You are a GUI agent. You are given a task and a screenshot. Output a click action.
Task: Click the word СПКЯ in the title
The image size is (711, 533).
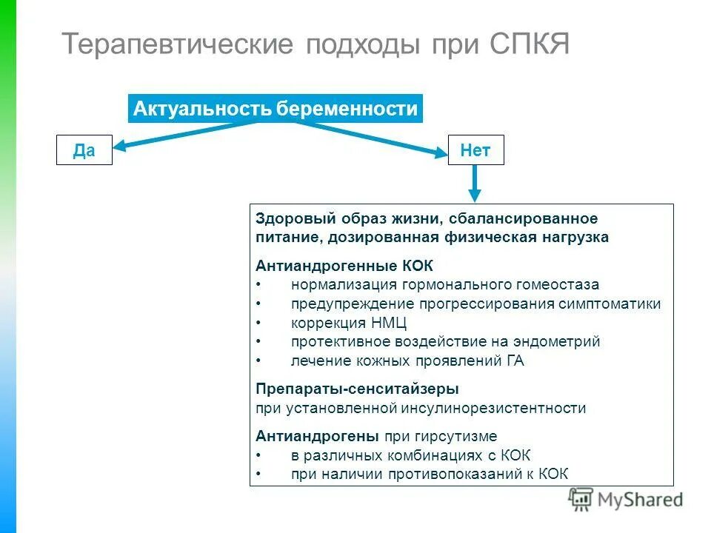pos(529,44)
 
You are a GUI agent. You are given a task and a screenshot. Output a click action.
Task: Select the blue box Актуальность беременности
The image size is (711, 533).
pos(276,110)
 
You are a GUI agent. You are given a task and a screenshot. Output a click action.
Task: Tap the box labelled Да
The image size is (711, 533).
pos(84,150)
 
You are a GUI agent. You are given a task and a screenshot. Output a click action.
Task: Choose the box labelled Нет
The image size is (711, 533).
pos(475,150)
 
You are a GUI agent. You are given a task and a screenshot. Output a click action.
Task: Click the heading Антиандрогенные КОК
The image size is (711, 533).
pos(344,265)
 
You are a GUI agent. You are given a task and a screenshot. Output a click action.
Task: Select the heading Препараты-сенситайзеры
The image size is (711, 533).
pos(357,389)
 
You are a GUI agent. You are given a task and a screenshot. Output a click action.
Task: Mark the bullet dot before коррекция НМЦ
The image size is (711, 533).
pos(258,324)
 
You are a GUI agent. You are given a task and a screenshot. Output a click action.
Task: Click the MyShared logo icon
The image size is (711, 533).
pos(581,500)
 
